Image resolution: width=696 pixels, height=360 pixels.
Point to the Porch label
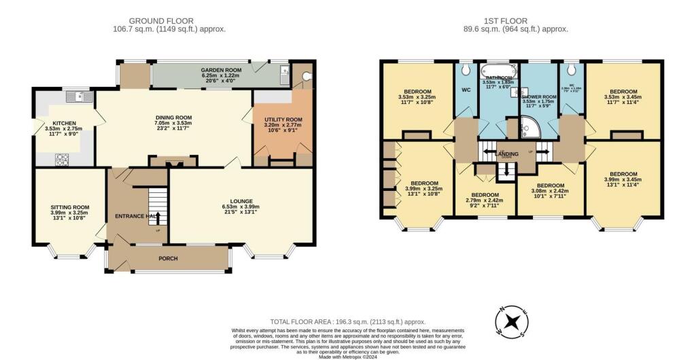[x=168, y=258]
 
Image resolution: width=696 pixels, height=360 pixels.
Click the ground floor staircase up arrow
[x=157, y=217]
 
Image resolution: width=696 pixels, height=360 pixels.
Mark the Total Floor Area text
[x=348, y=321]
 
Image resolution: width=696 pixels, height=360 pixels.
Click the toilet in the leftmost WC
[x=466, y=70]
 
